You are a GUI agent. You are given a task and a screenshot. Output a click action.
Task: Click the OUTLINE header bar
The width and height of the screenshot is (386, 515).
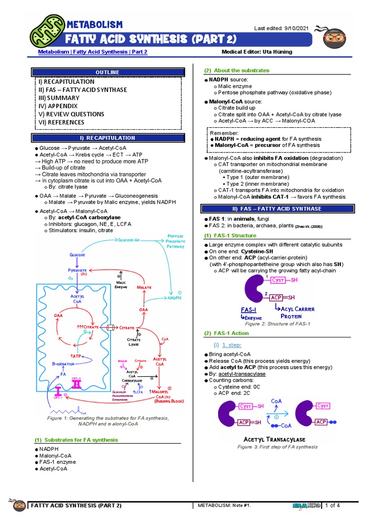pos(108,72)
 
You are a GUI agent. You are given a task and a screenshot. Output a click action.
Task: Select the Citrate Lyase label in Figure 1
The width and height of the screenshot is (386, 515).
pos(133,343)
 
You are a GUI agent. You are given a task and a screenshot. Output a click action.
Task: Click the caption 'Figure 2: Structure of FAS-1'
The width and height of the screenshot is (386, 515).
pos(277,323)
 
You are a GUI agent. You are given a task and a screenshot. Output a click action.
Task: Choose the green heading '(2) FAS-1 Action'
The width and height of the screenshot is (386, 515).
pos(226,333)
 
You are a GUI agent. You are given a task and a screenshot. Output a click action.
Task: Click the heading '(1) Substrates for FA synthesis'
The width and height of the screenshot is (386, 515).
pos(76,440)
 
